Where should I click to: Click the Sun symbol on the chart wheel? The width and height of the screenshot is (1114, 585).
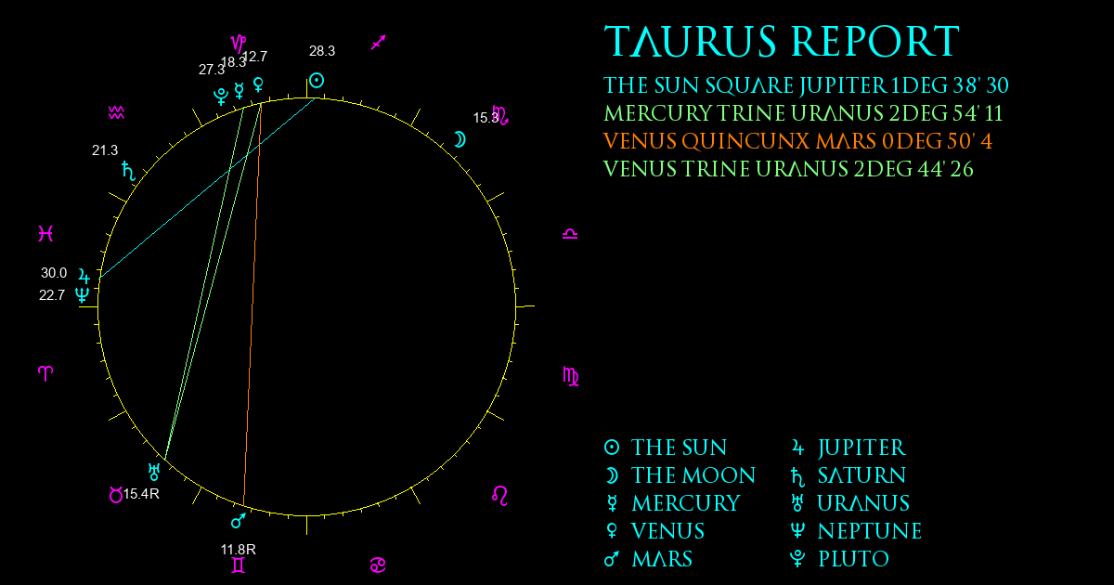[x=317, y=80]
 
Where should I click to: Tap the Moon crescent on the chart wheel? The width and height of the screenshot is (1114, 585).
[x=460, y=140]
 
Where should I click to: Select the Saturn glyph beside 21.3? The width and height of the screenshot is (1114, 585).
[x=128, y=171]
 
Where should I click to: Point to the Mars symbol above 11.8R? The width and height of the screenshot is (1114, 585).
[x=239, y=520]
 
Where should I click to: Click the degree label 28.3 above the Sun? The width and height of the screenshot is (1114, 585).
[x=322, y=51]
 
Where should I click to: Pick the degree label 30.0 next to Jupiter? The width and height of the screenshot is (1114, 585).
[x=54, y=273]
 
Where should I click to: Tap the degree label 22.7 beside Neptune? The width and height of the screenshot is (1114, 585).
[x=52, y=295]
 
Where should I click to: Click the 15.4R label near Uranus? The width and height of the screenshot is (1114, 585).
[x=141, y=494]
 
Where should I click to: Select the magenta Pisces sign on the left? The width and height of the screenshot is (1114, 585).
[x=45, y=233]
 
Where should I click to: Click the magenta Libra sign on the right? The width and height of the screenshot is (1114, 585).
[x=570, y=233]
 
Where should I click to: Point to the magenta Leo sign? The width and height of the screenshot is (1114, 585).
[x=499, y=496]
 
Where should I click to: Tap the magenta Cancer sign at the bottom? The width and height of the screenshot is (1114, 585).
[x=378, y=565]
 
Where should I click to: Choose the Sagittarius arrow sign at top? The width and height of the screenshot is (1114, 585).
[x=379, y=43]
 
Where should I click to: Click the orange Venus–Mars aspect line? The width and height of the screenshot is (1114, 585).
[x=253, y=305]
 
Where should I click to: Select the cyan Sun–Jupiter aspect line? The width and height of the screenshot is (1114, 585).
[x=207, y=188]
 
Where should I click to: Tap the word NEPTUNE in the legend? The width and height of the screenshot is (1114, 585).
[x=870, y=531]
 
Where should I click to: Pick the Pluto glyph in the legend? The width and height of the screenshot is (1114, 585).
[x=797, y=559]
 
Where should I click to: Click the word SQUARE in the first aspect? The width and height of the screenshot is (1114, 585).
[x=749, y=85]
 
